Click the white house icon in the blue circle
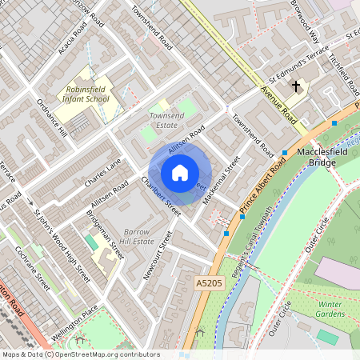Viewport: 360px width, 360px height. coord(180,172)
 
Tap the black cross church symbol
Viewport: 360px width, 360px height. coord(296,86)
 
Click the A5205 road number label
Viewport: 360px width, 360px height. coord(208,282)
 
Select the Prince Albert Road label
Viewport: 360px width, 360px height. coord(263,186)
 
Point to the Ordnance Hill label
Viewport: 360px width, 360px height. coord(52,119)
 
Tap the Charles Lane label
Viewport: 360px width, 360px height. coord(102,172)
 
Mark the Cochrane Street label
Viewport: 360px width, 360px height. coord(33,267)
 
